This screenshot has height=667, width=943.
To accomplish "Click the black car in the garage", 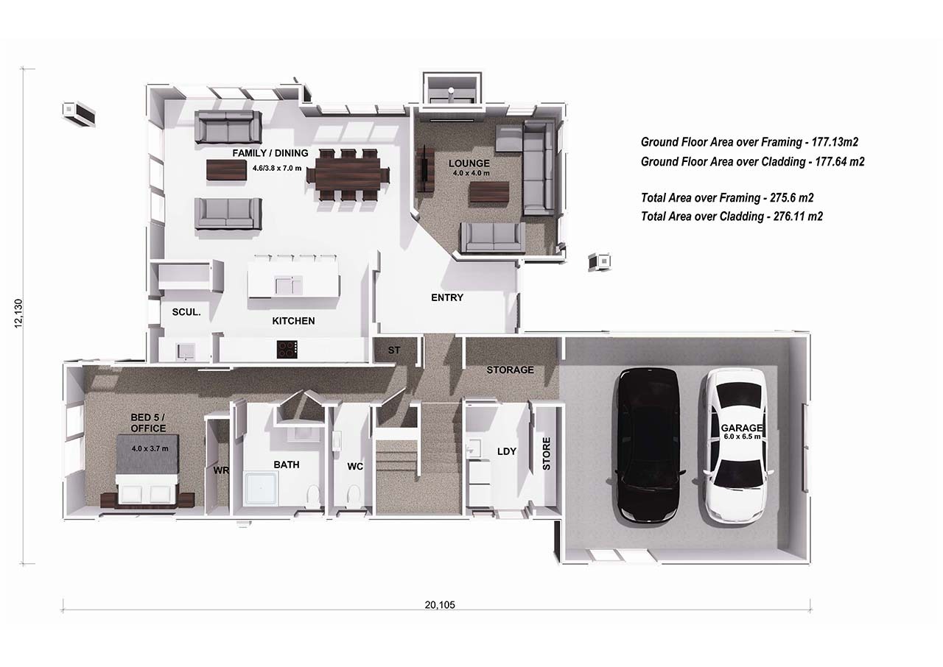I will point(648,445).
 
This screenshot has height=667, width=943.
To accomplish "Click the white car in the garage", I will point(734,445).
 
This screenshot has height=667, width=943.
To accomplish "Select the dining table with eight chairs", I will point(348,175).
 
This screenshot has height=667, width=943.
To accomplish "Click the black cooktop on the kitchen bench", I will point(287,349).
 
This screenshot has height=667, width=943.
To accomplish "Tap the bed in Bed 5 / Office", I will point(147,471).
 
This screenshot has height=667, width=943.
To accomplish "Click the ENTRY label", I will point(447,297).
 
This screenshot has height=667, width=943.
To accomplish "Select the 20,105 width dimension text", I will point(440,605).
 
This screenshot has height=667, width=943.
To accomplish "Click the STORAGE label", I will point(510,370).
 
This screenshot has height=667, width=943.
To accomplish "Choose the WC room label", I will point(356,465).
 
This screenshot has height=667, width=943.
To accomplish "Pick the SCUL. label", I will point(186,312).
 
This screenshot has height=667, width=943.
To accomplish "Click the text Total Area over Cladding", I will point(732,216).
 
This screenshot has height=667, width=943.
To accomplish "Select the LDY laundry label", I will point(507,451).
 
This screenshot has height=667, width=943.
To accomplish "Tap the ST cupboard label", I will point(394,350).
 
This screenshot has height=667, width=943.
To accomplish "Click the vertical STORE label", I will point(547,454).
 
